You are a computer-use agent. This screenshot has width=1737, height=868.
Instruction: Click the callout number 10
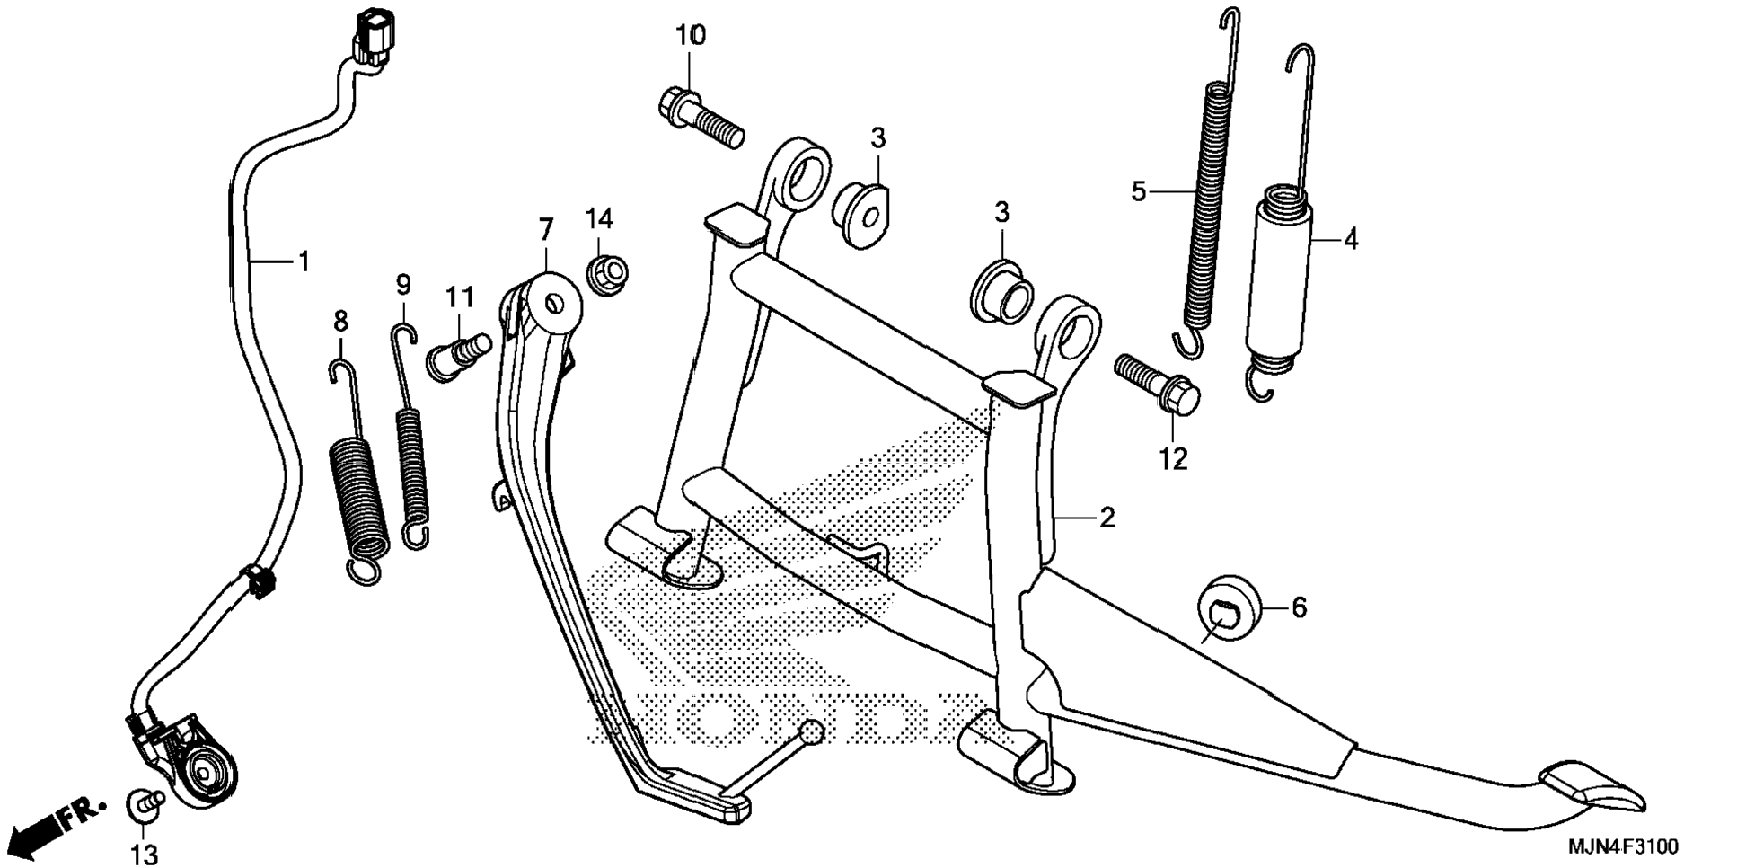click(691, 36)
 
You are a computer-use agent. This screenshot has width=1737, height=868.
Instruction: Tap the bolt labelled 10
click(704, 118)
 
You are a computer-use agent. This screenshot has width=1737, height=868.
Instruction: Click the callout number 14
click(599, 218)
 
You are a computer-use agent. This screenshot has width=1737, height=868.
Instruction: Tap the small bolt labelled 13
click(144, 802)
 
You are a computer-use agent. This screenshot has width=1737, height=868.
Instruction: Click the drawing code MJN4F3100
click(1622, 847)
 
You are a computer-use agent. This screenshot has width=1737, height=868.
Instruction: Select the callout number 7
click(545, 230)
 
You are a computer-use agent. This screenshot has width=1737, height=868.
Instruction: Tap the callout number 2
click(1107, 518)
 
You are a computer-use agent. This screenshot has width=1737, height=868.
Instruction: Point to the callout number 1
click(304, 261)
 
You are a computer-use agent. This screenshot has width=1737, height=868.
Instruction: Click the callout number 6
click(1299, 608)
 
